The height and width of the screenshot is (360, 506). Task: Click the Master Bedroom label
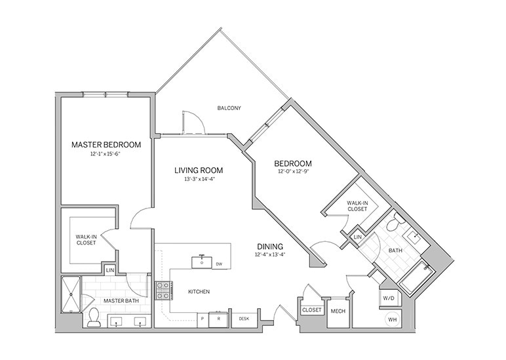106,144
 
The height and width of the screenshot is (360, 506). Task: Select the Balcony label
229,108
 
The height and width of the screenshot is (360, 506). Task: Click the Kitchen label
199,291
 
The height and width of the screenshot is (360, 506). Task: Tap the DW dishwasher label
218,264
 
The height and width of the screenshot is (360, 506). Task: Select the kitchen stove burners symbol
163,290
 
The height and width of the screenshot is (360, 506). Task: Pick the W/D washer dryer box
388,298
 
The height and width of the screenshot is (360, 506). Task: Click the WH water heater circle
392,320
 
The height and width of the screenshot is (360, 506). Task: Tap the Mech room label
338,311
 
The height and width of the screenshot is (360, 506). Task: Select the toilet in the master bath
94,317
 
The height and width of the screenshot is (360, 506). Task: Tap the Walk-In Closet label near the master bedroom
86,240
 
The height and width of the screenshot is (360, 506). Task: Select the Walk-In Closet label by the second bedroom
357,206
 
